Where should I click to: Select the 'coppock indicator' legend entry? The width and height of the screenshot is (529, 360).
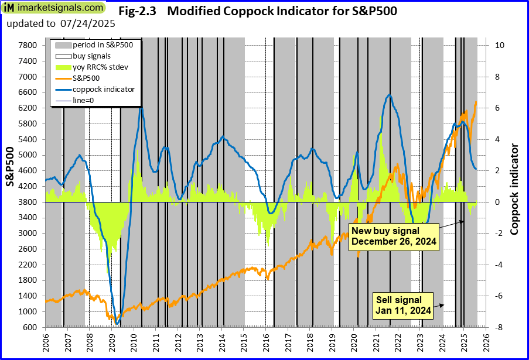coord(104,90)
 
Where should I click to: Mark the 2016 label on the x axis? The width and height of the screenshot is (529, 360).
coord(266,341)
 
